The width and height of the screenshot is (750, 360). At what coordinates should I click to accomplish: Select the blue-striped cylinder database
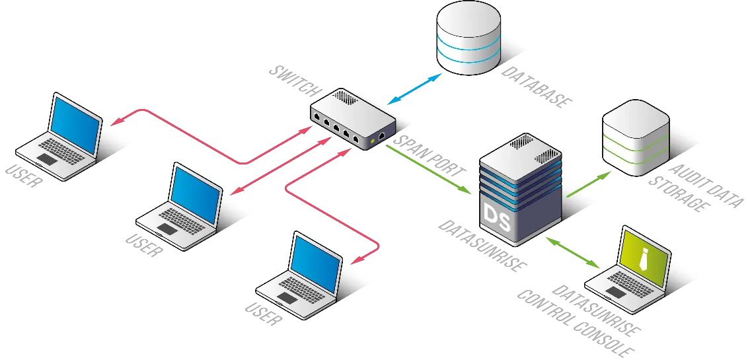468,40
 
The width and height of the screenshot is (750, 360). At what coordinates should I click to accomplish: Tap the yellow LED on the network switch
374,140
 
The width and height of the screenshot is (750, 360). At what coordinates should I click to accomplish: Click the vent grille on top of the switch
344,96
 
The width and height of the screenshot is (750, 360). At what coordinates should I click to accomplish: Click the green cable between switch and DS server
430,170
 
